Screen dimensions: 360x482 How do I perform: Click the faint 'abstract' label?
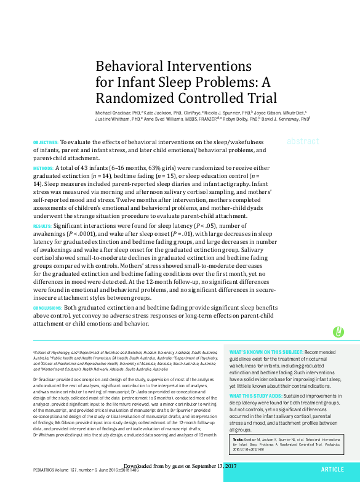coord(303,141)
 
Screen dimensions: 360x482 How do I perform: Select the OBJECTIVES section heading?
coord(45,142)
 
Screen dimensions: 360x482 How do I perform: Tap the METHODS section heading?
coord(42,167)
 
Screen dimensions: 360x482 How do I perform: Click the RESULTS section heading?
coord(42,227)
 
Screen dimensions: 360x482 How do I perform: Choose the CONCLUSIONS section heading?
coord(47,307)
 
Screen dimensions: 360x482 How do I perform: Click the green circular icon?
coord(338,332)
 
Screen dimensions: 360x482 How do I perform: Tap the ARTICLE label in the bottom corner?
coord(332,469)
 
